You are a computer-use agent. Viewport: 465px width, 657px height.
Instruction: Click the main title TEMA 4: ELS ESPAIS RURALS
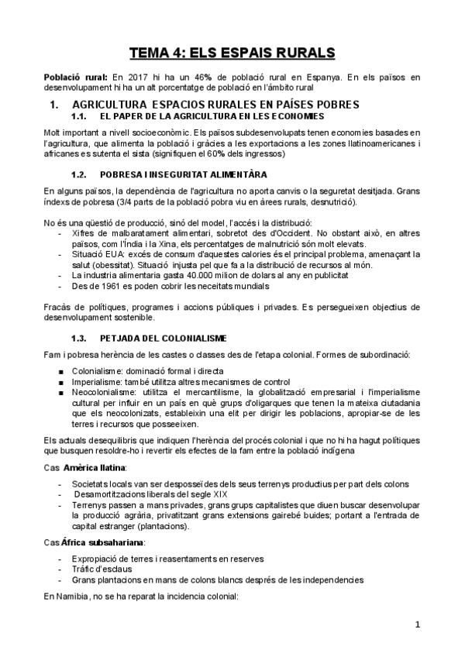(x=232, y=53)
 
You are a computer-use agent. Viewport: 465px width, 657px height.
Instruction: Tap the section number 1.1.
(x=78, y=116)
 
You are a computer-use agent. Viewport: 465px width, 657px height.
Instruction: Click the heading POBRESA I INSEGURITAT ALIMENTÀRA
(x=184, y=174)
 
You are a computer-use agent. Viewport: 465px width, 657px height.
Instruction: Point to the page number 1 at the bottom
(x=416, y=624)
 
